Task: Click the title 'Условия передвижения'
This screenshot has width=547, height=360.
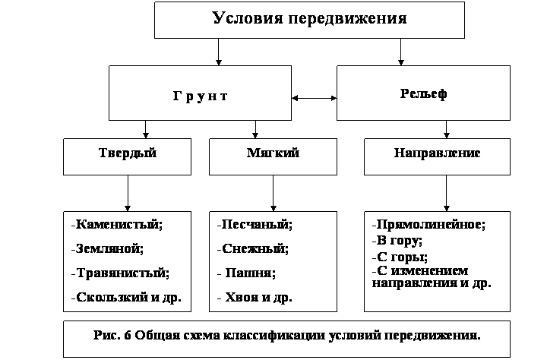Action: (x=309, y=18)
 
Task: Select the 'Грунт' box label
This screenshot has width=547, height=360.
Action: (x=201, y=96)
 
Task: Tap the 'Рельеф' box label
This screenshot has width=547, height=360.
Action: (x=423, y=93)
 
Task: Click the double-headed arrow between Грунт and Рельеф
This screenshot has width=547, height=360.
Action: (x=314, y=98)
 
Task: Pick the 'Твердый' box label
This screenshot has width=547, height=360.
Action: (x=128, y=153)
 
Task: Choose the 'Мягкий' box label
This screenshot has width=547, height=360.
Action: (x=273, y=153)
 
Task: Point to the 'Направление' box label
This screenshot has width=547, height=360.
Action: (x=437, y=153)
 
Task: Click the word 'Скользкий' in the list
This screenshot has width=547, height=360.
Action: (x=112, y=297)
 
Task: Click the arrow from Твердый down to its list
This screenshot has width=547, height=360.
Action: (x=128, y=193)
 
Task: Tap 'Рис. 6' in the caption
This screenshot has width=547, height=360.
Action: (x=112, y=335)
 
